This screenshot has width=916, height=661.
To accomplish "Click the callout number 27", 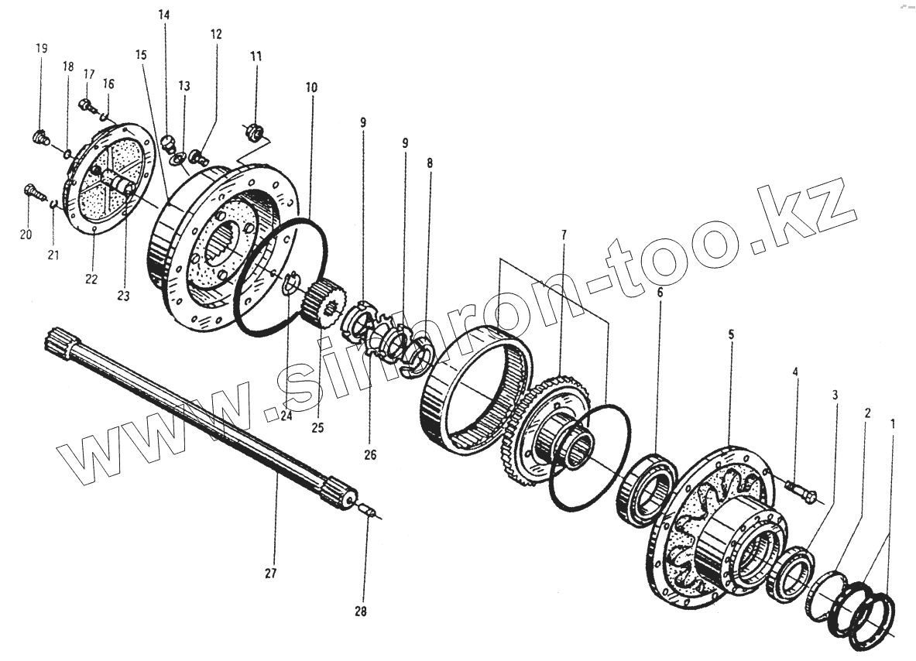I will click(x=270, y=574).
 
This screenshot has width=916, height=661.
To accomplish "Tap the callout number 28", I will click(x=360, y=611).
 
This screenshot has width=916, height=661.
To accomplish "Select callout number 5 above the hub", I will click(x=731, y=334).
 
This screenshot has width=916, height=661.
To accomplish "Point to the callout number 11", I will click(x=256, y=57).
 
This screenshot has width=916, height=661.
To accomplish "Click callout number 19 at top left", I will click(x=41, y=48).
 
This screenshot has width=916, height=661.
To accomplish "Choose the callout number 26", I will click(x=369, y=455).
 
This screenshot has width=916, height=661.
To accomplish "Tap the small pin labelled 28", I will click(x=370, y=512).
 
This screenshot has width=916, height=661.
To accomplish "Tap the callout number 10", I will click(x=311, y=88).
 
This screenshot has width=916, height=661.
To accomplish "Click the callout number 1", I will click(x=894, y=424).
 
